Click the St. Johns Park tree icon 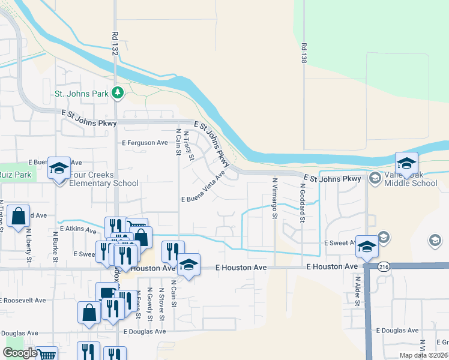[119, 92]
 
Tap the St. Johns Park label [82, 94]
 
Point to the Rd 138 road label [304, 53]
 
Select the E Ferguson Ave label [145, 143]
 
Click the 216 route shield [382, 268]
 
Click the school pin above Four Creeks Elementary [59, 169]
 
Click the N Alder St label [357, 291]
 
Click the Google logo [20, 353]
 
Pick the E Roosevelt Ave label [23, 300]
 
